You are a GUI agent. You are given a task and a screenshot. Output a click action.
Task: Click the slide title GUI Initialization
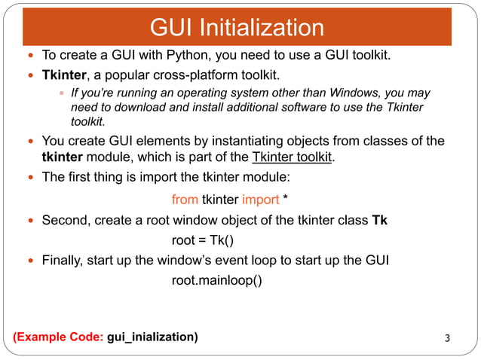click(x=237, y=29)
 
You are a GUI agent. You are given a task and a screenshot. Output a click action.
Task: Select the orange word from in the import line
click(x=185, y=200)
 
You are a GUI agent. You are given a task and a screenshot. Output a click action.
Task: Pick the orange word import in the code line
click(x=260, y=200)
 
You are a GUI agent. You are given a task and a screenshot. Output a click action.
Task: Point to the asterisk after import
click(x=286, y=199)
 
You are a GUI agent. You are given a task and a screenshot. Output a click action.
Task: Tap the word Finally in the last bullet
click(x=63, y=261)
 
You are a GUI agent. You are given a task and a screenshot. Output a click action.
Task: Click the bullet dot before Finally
click(x=30, y=261)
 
